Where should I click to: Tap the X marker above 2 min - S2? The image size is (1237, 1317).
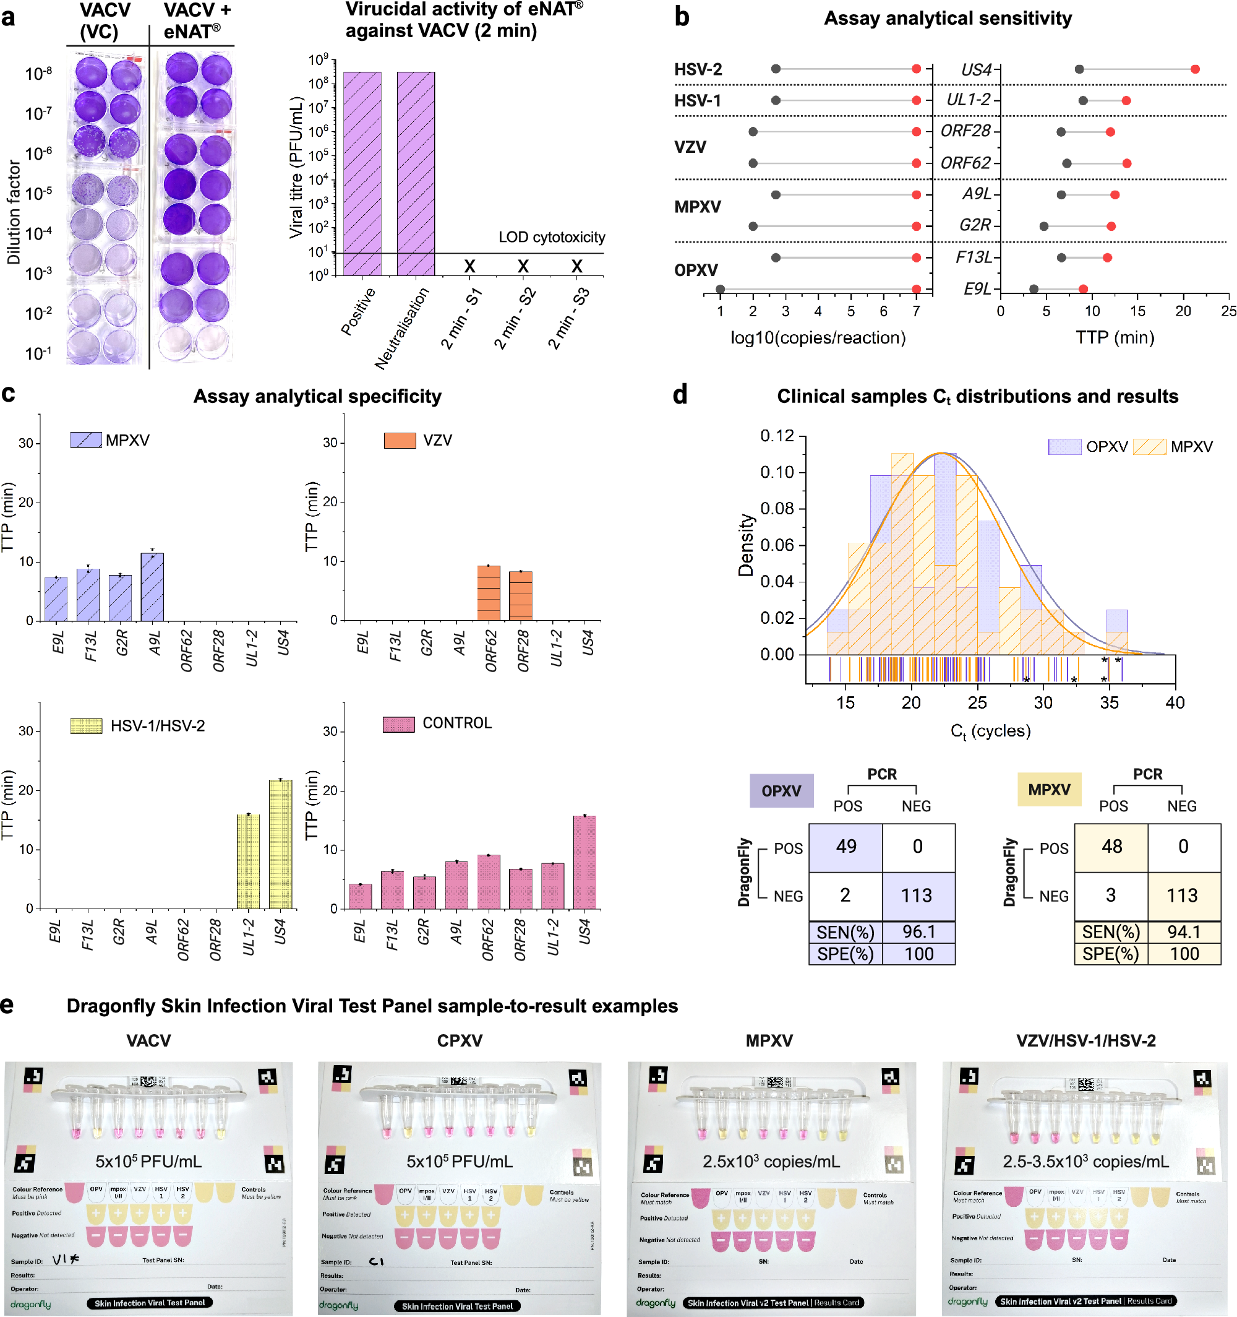pyautogui.click(x=523, y=266)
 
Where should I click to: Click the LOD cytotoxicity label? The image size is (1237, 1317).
pyautogui.click(x=552, y=237)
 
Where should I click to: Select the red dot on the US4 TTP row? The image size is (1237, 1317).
pyautogui.click(x=1194, y=69)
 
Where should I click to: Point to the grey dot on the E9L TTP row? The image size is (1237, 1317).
pyautogui.click(x=1034, y=289)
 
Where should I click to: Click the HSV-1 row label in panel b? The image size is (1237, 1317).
pyautogui.click(x=697, y=101)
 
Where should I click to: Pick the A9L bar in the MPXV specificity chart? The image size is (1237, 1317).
pyautogui.click(x=152, y=587)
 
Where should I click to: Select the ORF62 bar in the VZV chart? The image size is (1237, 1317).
pyautogui.click(x=489, y=593)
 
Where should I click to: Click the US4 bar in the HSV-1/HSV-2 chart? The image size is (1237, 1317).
pyautogui.click(x=281, y=845)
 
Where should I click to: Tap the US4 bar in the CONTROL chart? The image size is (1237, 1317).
pyautogui.click(x=584, y=862)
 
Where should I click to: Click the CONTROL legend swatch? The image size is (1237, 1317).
pyautogui.click(x=399, y=724)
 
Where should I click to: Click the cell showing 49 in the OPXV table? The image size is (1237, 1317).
pyautogui.click(x=845, y=847)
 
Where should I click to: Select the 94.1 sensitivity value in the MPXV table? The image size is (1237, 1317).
pyautogui.click(x=1184, y=933)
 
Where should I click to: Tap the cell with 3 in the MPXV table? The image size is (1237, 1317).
pyautogui.click(x=1111, y=896)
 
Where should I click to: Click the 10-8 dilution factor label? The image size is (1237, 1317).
pyautogui.click(x=38, y=73)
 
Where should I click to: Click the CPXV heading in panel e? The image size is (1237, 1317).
pyautogui.click(x=460, y=1041)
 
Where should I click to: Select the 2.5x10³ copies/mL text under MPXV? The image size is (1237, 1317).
pyautogui.click(x=771, y=1161)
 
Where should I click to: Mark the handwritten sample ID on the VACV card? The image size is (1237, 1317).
pyautogui.click(x=66, y=1259)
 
